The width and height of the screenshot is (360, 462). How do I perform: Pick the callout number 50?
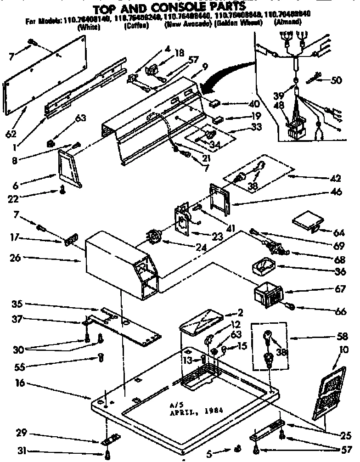coord(337,80)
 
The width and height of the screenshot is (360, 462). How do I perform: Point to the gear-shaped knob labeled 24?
coord(154,238)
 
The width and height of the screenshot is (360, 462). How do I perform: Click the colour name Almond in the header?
coord(287,22)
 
